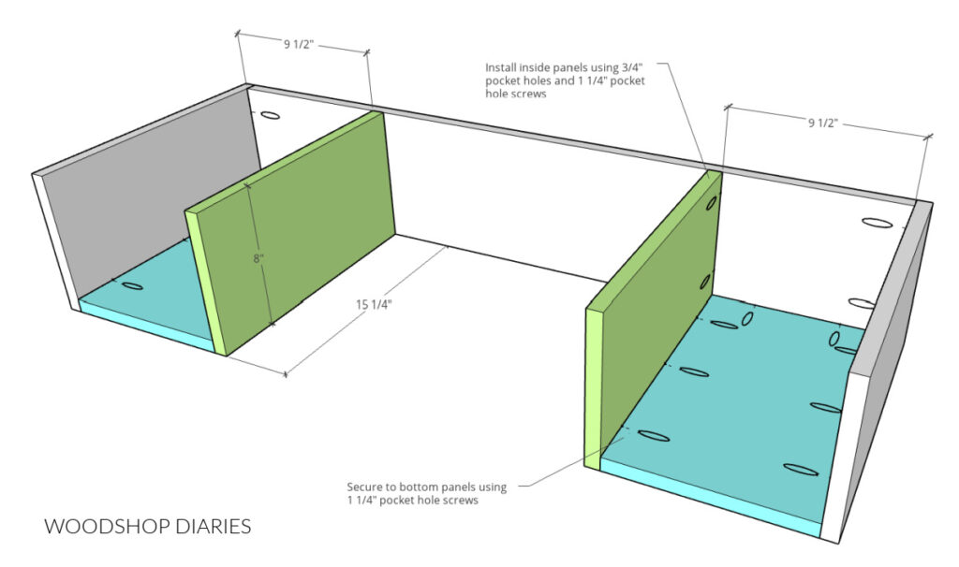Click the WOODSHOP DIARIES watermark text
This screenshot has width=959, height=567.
pyautogui.click(x=148, y=527)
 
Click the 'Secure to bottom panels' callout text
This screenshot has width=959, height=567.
pyautogui.click(x=426, y=494)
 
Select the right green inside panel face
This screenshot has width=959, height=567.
pyautogui.click(x=660, y=309)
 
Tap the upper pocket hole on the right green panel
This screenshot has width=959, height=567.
pyautogui.click(x=713, y=202)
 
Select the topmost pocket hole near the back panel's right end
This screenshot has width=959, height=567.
pyautogui.click(x=877, y=224)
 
